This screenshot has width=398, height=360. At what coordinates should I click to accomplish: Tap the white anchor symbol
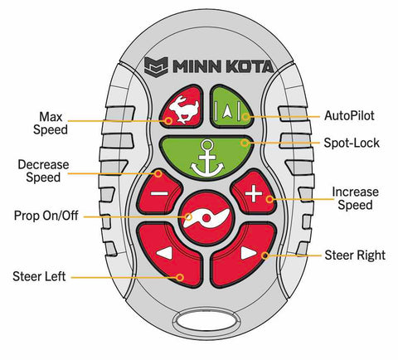[x=207, y=159]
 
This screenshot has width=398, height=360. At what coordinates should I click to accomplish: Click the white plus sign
[x=254, y=193]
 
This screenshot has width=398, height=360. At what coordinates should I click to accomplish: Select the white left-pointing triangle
[x=164, y=254]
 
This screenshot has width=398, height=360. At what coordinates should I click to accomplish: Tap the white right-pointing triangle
[x=249, y=253]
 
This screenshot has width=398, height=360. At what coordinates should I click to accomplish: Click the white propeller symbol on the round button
[x=206, y=218]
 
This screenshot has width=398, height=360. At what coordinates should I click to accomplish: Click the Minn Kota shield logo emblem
[x=156, y=66]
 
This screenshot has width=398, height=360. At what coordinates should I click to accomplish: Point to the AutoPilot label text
[x=349, y=115]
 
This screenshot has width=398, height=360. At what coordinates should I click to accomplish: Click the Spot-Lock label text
[x=352, y=143]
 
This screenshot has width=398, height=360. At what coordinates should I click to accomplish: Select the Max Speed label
[x=51, y=124]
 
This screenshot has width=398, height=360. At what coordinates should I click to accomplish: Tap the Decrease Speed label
[x=43, y=171]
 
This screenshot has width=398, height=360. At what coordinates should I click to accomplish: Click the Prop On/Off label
[x=46, y=216]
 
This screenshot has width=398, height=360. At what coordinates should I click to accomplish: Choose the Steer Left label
[x=39, y=276]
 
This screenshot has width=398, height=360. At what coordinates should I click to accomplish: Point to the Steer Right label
[x=355, y=255]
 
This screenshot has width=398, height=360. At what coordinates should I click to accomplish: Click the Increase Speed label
[x=355, y=198]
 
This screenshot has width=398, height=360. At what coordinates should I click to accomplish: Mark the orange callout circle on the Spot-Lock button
[x=245, y=143]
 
